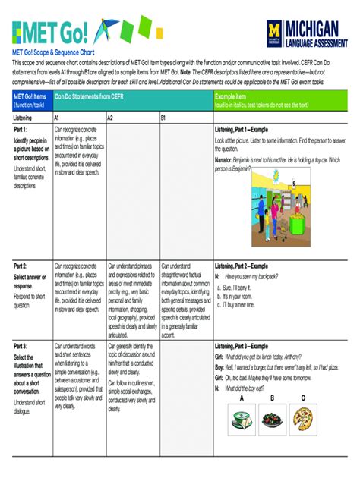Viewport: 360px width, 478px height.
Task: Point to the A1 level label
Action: pos(57,118)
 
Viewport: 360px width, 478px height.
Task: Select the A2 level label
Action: pos(110,118)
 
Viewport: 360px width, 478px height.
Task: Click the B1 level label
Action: pos(163,118)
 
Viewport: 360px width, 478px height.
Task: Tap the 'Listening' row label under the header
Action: pos(24,118)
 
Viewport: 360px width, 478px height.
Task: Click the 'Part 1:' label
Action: pos(21,130)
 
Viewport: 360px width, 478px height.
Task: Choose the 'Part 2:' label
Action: pos(21,266)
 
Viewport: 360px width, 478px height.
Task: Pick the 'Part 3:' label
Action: pos(21,345)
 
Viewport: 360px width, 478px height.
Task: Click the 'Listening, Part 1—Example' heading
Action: pos(246,130)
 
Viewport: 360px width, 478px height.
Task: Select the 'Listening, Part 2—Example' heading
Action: pos(246,266)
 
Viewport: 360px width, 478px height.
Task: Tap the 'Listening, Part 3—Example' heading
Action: pos(246,345)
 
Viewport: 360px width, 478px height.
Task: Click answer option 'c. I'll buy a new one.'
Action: pos(243,304)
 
